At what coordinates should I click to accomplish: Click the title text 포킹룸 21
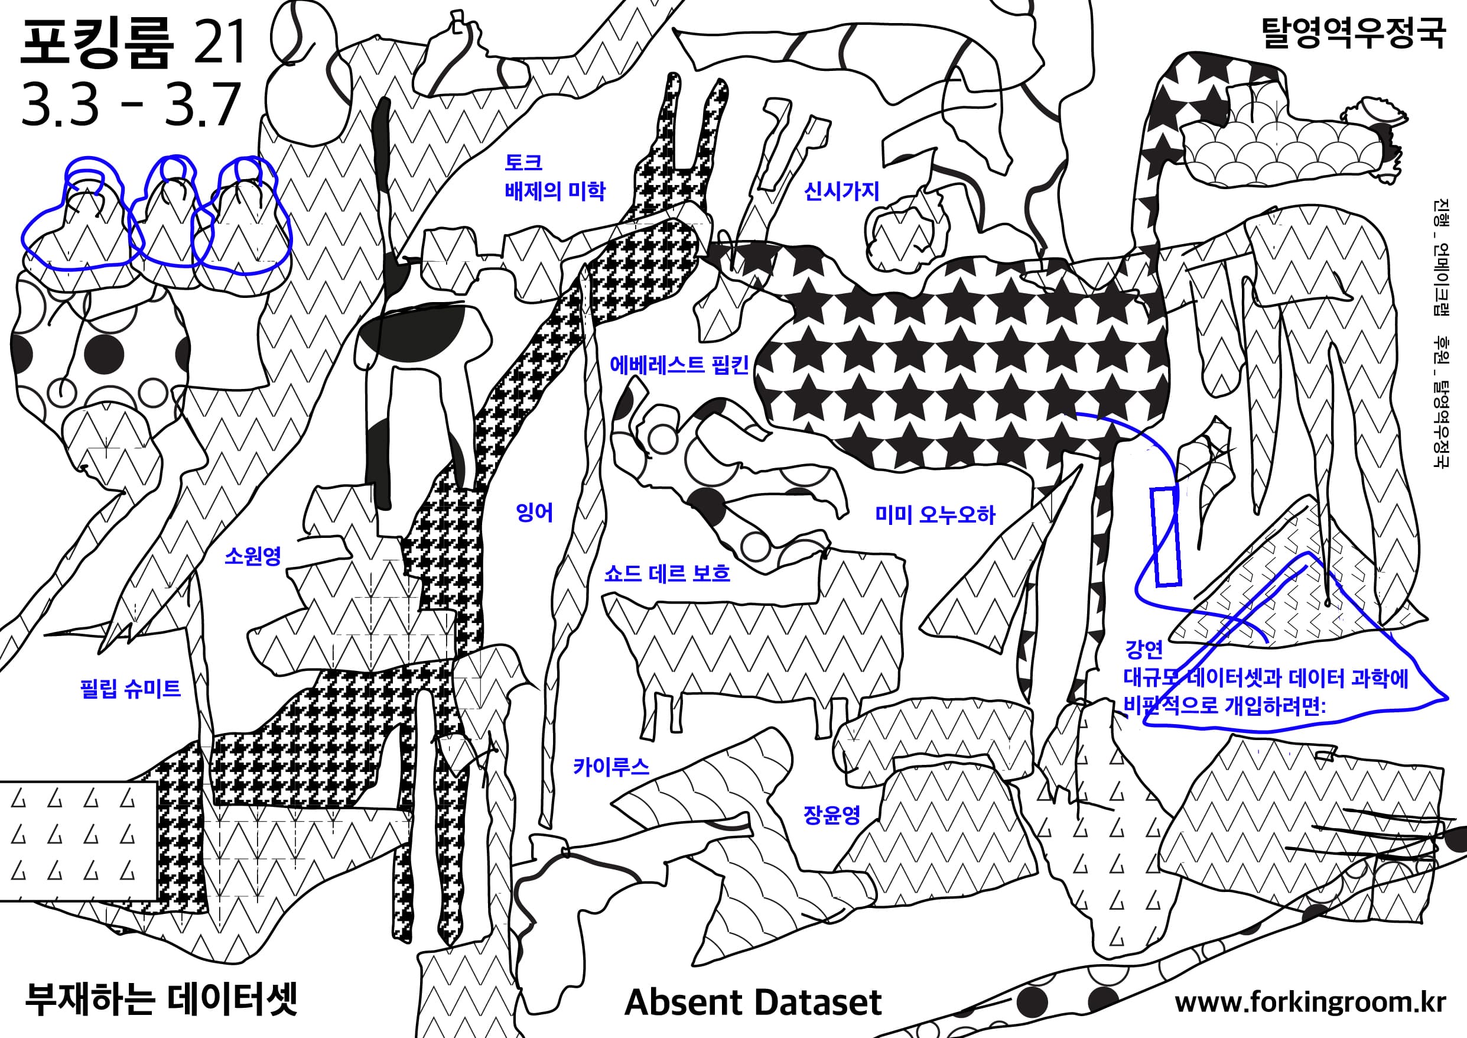(x=133, y=43)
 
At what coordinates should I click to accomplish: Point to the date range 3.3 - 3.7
(x=131, y=104)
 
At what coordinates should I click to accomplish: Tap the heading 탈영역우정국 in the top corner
(x=1354, y=34)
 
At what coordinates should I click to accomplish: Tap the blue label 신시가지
(x=841, y=190)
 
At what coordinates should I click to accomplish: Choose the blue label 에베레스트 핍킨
(x=679, y=364)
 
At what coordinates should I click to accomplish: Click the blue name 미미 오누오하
(x=935, y=514)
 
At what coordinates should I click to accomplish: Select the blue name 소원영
(x=253, y=556)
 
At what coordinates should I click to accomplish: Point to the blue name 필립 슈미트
(x=131, y=687)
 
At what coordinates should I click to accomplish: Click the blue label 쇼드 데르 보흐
(x=667, y=573)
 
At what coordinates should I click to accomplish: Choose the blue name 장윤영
(x=832, y=815)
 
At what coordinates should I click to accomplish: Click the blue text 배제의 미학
(x=555, y=190)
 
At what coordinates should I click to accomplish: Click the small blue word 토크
(x=524, y=162)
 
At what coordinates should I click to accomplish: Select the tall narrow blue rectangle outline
(x=1166, y=536)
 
